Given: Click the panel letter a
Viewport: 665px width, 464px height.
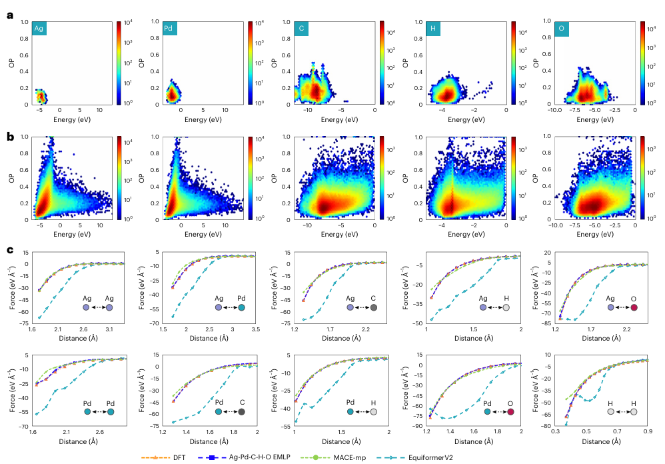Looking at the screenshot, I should point(9,13).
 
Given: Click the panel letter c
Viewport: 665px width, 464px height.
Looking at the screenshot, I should point(9,249).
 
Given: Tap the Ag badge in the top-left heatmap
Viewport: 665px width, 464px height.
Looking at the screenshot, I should point(40,29).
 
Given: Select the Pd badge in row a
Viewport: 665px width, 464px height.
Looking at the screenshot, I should point(171,29).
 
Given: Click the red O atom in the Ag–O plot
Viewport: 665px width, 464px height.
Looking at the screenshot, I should point(634,307).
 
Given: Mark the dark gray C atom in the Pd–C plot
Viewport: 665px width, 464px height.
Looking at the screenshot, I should point(241,412).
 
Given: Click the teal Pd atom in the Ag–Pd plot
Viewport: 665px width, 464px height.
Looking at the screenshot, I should point(241,307).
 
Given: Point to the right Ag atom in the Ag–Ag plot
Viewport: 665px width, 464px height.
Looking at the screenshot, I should point(109,307).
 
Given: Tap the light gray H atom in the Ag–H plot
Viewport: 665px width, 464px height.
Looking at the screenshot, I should point(506,307).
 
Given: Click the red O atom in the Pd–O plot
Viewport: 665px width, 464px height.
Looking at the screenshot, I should point(510,412).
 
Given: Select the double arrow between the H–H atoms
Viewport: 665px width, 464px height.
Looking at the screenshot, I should point(622,412).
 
